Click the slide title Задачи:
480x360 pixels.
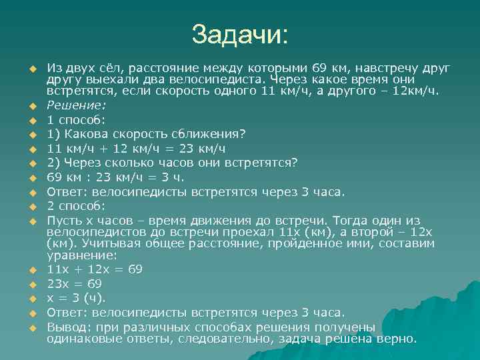click(x=240, y=34)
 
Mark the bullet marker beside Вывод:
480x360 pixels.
click(x=31, y=328)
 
